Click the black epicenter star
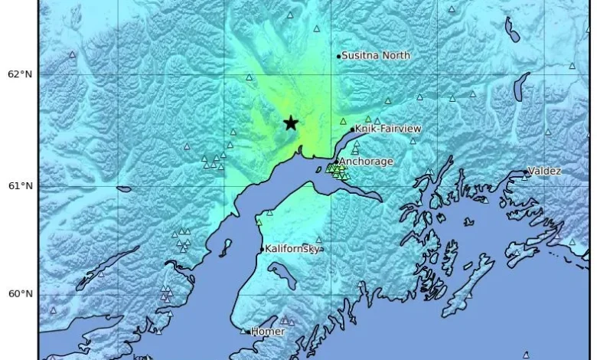click(291, 123)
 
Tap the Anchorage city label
click(366, 162)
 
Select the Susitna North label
click(376, 55)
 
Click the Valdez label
click(544, 171)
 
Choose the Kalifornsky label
click(292, 248)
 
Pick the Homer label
click(268, 332)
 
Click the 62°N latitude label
click(19, 74)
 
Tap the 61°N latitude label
click(19, 186)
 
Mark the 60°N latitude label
click(19, 294)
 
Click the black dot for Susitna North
click(338, 56)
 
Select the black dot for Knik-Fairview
click(352, 129)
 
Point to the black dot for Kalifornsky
click(262, 249)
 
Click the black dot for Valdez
click(526, 173)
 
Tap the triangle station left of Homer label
click(243, 331)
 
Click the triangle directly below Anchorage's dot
click(335, 169)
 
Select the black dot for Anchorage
click(336, 162)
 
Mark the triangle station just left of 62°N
click(73, 54)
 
